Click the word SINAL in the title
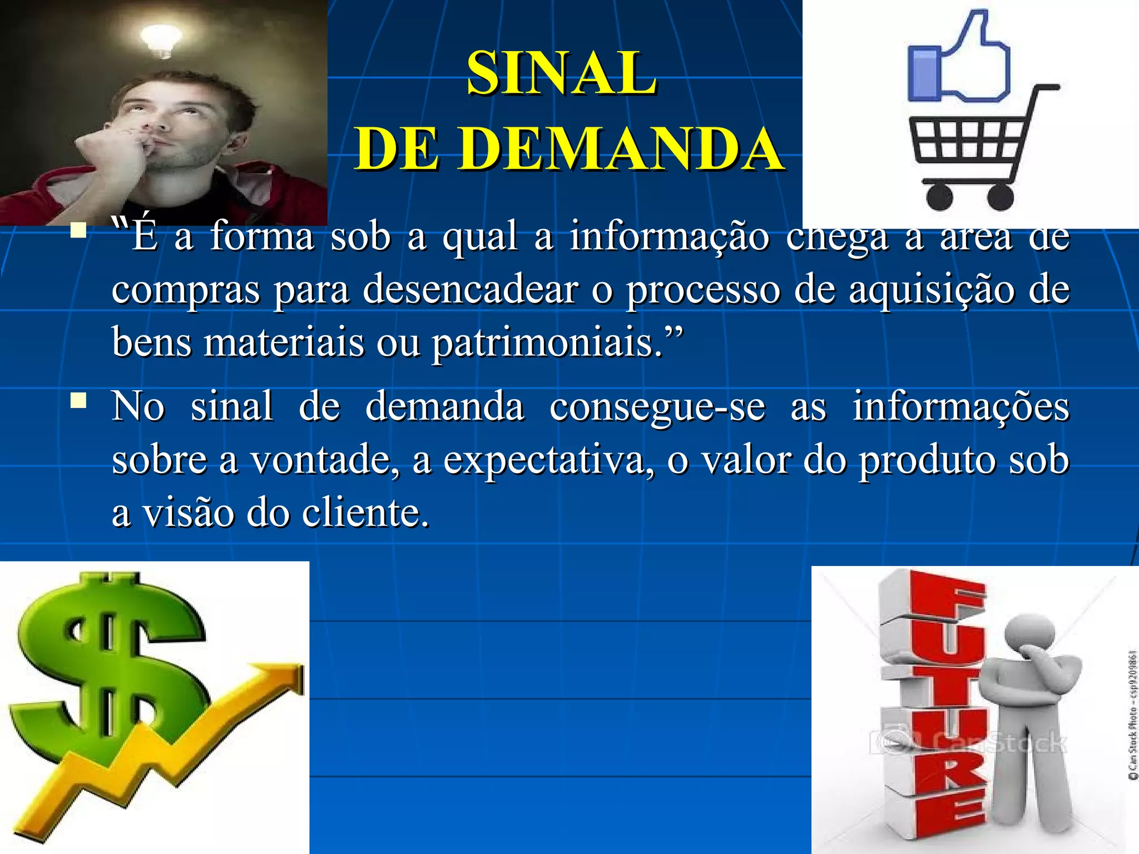pyautogui.click(x=562, y=73)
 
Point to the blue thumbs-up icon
pyautogui.click(x=958, y=61)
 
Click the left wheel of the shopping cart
pyautogui.click(x=940, y=197)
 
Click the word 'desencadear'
pyautogui.click(x=471, y=289)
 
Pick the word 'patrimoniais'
pyautogui.click(x=547, y=342)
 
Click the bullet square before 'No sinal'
pyautogui.click(x=78, y=400)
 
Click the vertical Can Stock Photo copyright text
pyautogui.click(x=1132, y=715)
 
